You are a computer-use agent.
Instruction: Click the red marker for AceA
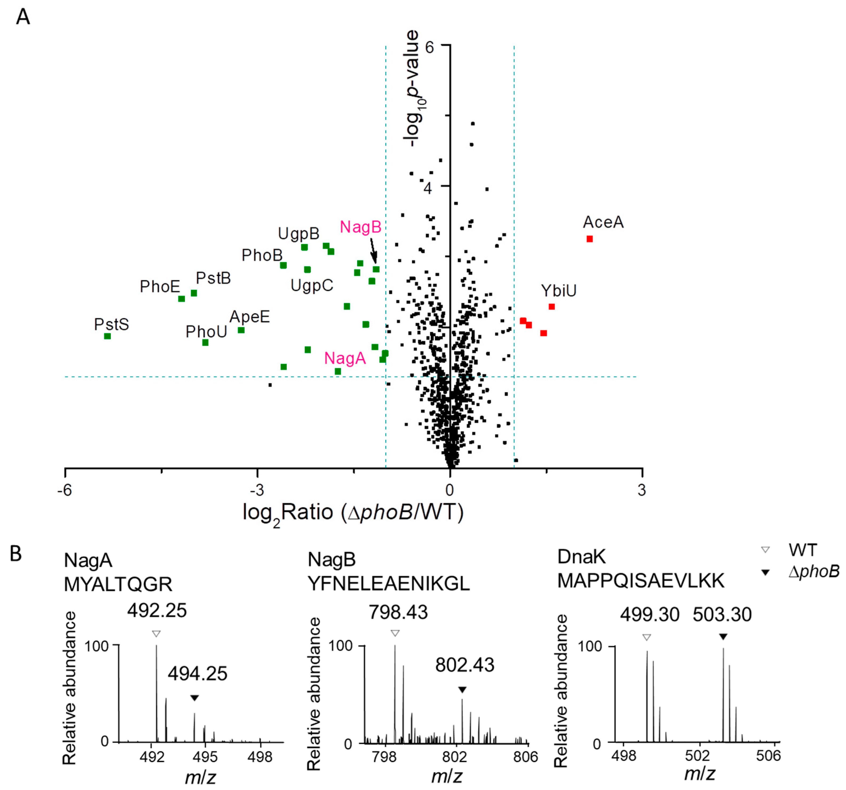click(x=589, y=239)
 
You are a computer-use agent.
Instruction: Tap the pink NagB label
click(x=361, y=227)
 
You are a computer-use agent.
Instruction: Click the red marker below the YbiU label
click(x=552, y=307)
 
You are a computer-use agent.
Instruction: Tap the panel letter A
click(x=23, y=17)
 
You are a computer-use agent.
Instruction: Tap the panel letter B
click(x=16, y=554)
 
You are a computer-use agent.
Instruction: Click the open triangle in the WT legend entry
click(x=765, y=550)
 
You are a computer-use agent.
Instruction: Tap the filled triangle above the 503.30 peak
click(x=723, y=637)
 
